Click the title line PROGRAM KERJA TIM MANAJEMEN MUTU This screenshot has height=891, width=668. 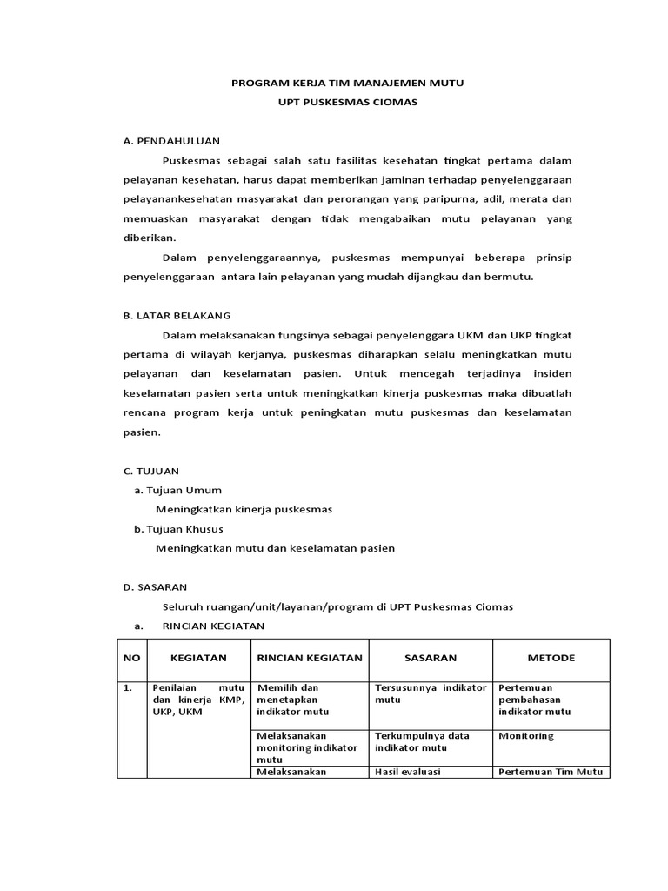(x=347, y=84)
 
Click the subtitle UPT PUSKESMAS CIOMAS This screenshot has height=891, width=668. (x=347, y=103)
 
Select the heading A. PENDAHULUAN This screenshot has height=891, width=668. (x=171, y=140)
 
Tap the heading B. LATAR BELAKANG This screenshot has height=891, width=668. (x=177, y=316)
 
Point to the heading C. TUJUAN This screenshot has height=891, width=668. (x=151, y=471)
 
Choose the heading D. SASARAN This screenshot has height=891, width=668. (x=155, y=587)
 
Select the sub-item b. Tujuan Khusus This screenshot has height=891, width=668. (x=178, y=528)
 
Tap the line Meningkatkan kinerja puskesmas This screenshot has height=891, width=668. (x=244, y=509)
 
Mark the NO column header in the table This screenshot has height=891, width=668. (x=131, y=658)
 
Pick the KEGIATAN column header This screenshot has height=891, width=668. (x=198, y=658)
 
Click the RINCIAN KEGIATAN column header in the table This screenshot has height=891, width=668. (x=310, y=658)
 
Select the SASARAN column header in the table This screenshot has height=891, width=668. (x=431, y=658)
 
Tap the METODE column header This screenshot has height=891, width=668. (x=551, y=658)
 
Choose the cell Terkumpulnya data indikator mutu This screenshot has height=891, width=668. (x=421, y=741)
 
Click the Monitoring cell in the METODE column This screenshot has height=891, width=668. (x=525, y=736)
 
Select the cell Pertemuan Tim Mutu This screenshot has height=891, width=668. (x=551, y=772)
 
